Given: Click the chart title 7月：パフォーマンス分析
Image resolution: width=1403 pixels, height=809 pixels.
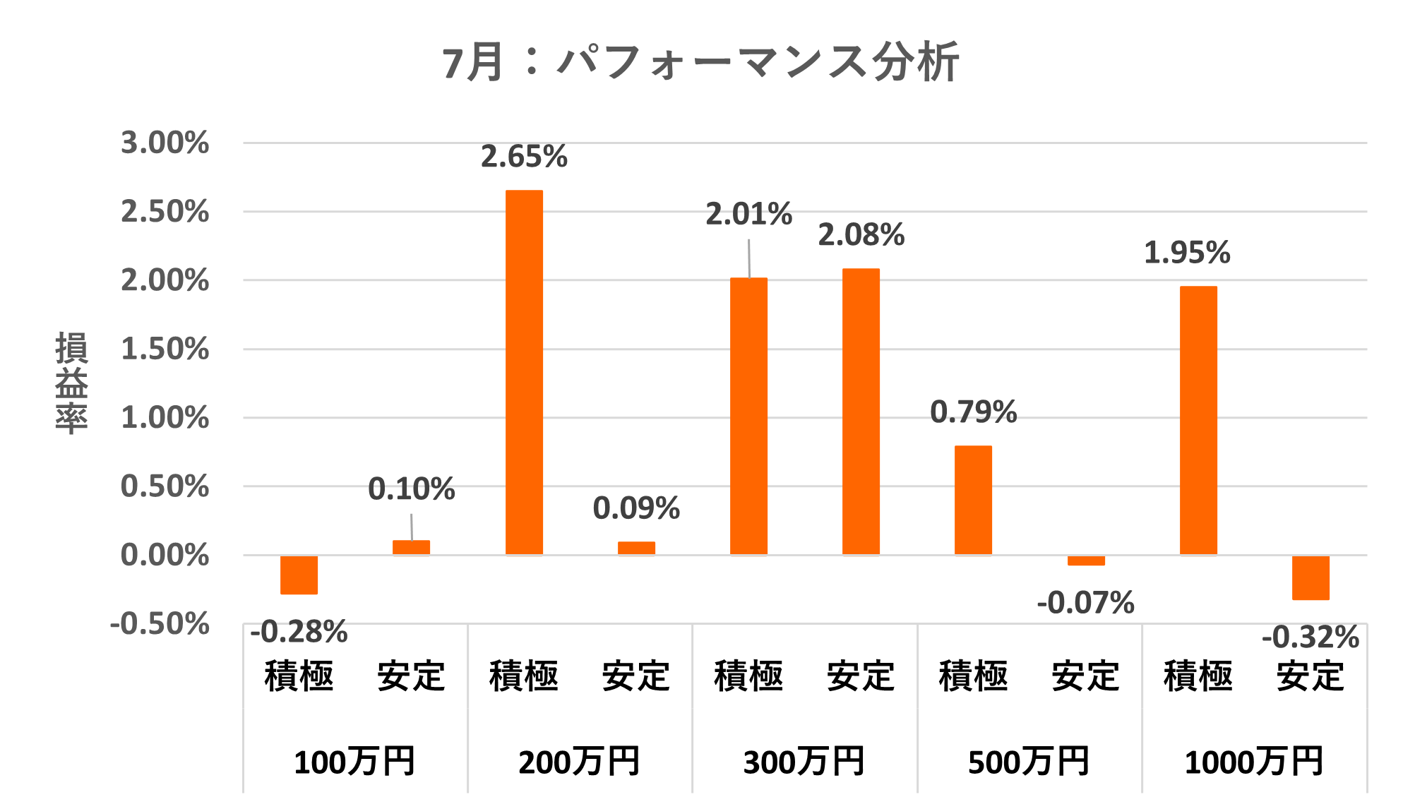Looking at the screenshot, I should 700,62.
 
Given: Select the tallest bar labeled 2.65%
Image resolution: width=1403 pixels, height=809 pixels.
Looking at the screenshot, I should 524,372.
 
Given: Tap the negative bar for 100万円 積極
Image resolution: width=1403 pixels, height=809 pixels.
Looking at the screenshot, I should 299,575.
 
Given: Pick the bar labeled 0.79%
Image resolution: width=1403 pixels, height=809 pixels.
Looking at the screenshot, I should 973,500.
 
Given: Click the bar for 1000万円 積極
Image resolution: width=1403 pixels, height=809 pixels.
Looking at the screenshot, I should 1198,420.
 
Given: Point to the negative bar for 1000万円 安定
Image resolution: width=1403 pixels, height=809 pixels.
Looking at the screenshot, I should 1311,577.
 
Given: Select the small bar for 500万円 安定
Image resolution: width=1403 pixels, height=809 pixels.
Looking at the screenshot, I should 1086,561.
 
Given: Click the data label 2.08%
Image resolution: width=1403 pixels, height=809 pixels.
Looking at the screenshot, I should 861,235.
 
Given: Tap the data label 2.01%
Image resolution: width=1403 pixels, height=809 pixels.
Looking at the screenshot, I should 748,215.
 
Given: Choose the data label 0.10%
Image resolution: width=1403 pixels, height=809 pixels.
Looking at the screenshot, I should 411,489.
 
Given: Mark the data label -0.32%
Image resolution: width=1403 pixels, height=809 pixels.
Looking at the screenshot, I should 1311,637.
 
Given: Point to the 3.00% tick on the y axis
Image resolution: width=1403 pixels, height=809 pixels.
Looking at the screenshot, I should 165,143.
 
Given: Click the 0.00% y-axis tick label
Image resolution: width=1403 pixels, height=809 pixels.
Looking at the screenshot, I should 165,556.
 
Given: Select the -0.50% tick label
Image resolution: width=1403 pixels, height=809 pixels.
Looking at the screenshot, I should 160,624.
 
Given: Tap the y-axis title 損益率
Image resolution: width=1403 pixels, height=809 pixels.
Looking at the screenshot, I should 71,383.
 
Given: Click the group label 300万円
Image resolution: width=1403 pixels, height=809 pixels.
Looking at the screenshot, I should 804,762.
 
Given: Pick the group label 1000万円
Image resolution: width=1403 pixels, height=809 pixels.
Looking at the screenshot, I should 1254,762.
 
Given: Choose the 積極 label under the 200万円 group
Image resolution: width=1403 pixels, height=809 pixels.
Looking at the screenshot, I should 524,676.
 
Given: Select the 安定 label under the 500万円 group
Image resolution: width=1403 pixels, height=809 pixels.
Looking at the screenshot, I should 1086,676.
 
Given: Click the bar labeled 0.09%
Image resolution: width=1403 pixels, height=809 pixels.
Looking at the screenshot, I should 636,549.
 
